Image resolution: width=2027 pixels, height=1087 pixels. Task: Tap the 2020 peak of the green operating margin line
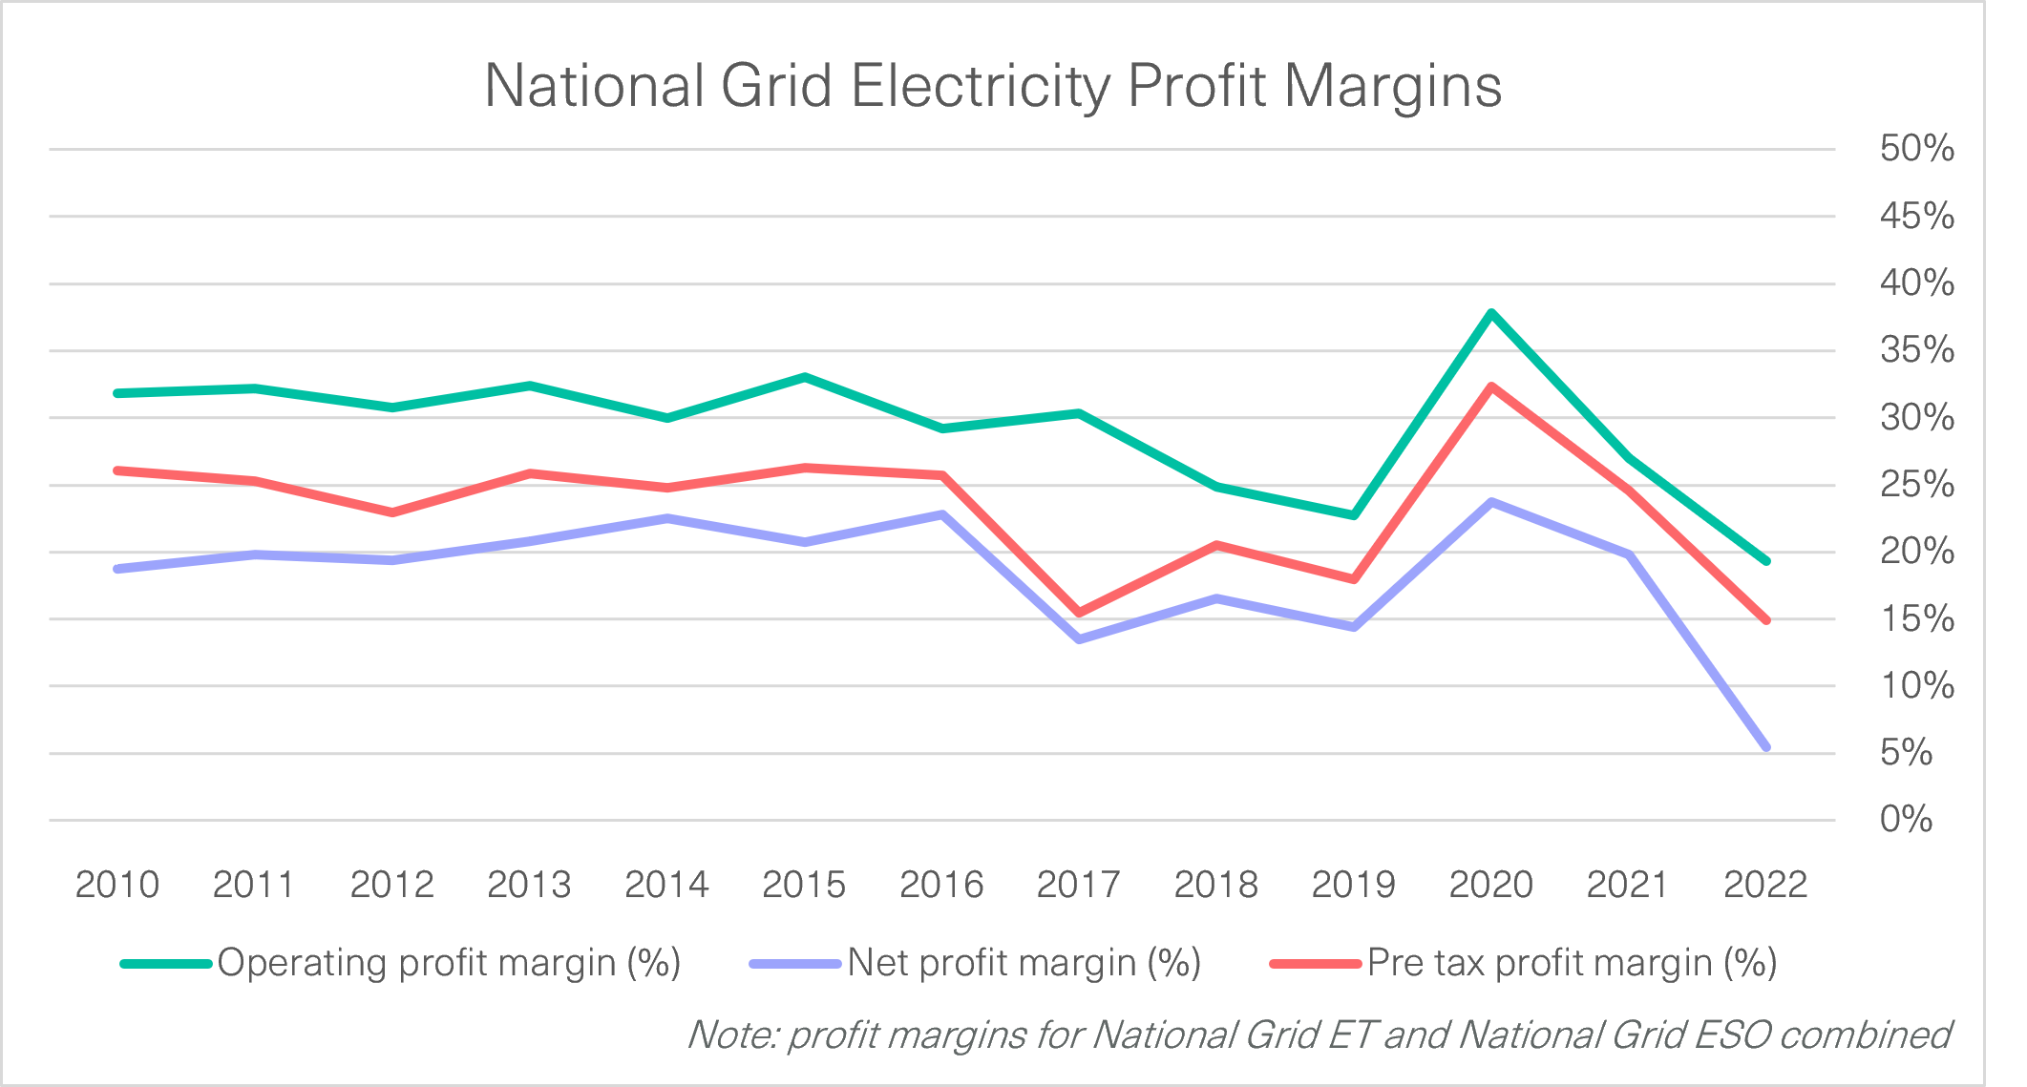1490,313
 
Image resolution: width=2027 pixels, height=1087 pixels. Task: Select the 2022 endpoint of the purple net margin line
1765,746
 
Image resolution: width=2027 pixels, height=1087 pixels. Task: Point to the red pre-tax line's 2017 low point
1079,613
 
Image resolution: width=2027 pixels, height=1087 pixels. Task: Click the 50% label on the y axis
1916,149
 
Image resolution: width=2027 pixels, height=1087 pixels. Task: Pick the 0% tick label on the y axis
1906,820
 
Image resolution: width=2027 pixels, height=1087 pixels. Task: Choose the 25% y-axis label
1916,485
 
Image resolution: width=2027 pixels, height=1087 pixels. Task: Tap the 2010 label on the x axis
116,885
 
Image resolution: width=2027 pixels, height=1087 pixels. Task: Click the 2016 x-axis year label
940,885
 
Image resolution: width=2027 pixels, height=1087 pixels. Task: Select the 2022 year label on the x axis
1764,885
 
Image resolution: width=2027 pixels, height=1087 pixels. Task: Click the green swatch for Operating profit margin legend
165,964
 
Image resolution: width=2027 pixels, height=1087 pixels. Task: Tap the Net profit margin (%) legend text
1024,963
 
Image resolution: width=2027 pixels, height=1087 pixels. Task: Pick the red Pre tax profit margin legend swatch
1315,964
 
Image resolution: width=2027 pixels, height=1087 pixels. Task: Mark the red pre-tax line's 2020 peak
1490,387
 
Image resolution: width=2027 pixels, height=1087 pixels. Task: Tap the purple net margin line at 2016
941,514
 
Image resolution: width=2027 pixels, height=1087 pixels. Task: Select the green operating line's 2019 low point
1353,515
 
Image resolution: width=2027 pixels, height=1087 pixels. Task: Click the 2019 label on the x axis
1353,885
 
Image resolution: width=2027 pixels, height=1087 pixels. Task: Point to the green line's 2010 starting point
117,393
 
